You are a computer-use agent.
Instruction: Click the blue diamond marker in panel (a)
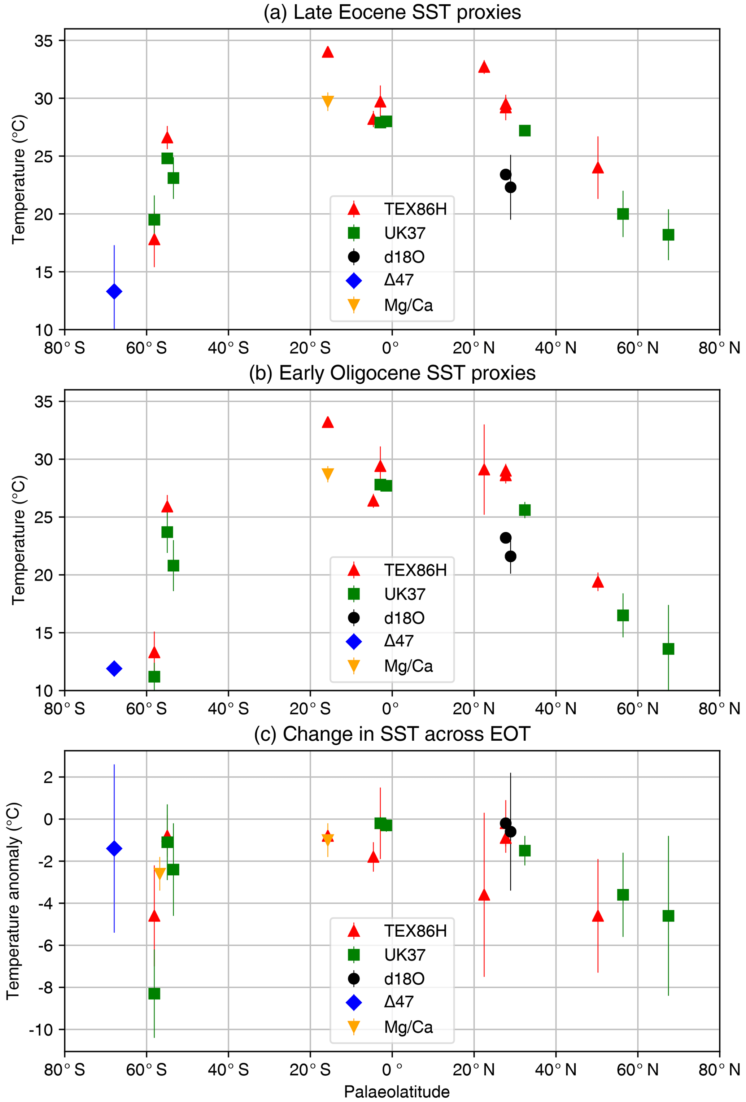[x=114, y=291]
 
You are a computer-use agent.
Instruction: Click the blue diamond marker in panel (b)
[x=114, y=668]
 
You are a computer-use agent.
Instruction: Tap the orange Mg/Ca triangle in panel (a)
[x=328, y=101]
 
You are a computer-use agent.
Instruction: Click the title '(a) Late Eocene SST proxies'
[x=392, y=12]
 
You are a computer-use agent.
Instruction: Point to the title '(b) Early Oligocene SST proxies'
[x=392, y=373]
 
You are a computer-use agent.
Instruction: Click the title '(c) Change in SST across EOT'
[x=392, y=734]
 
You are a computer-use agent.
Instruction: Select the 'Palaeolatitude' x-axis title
[x=397, y=1092]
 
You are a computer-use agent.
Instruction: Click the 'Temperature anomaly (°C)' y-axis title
[x=13, y=901]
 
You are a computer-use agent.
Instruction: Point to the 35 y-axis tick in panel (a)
[x=44, y=41]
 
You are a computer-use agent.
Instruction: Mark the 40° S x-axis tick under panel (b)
[x=228, y=709]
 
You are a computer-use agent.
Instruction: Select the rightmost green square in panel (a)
[x=668, y=235]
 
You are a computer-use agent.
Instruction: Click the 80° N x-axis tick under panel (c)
[x=719, y=1070]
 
